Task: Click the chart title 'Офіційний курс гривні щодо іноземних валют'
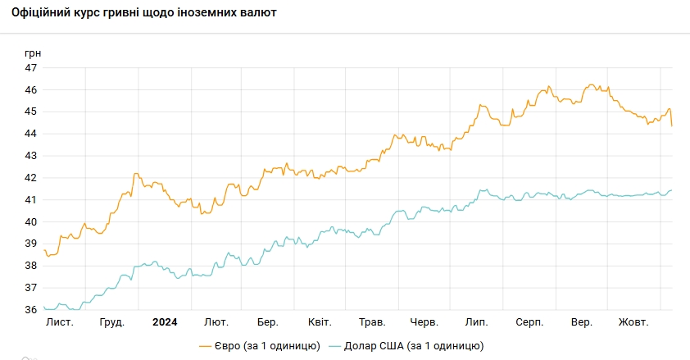click(x=144, y=13)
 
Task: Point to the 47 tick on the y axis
click(x=31, y=67)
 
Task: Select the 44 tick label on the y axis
click(x=31, y=134)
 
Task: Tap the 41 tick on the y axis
click(x=31, y=200)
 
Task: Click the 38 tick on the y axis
click(x=31, y=266)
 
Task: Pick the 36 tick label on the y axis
click(x=31, y=310)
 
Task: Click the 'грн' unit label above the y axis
click(x=33, y=53)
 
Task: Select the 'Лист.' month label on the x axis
click(x=60, y=322)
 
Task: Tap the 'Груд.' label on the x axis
click(x=111, y=322)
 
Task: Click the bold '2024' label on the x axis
click(x=165, y=322)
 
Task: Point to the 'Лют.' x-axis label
click(x=216, y=322)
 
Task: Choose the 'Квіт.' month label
click(x=320, y=322)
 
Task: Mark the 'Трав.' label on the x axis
click(x=372, y=322)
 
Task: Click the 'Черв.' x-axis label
click(x=424, y=322)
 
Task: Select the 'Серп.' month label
click(x=529, y=322)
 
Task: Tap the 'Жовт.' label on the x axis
click(x=633, y=322)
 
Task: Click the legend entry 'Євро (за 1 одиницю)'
click(x=259, y=346)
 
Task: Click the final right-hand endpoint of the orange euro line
click(x=672, y=126)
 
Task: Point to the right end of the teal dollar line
click(x=672, y=190)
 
